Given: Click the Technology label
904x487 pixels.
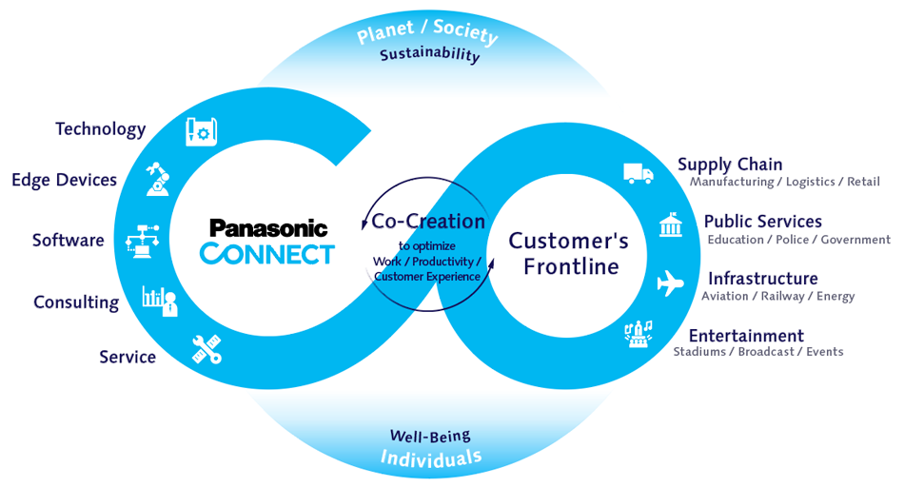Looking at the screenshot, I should (100, 129).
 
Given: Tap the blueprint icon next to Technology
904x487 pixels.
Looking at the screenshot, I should (202, 130).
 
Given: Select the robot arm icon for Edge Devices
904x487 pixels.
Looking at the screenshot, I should (159, 179).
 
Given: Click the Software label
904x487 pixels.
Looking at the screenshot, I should (68, 241).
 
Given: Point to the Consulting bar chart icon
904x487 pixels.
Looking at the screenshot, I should (159, 300).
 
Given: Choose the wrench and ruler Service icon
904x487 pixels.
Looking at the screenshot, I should (206, 349).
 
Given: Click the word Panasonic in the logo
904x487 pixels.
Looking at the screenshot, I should (268, 228).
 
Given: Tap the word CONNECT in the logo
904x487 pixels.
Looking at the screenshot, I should (267, 254).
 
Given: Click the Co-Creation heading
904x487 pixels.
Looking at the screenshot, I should (428, 222).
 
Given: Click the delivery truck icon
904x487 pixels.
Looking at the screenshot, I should (639, 173).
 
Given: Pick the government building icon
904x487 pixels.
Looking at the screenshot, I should (671, 225).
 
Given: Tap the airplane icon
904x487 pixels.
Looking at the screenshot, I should (671, 283).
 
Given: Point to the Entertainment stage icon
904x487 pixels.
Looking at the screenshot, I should (638, 334).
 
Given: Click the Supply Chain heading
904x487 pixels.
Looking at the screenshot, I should (730, 165).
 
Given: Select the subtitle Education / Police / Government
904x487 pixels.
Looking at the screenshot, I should (798, 240).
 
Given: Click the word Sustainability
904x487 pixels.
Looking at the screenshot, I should (430, 54).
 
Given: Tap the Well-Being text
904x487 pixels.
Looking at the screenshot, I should (430, 437).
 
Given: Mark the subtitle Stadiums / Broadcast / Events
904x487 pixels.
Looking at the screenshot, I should (757, 352).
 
